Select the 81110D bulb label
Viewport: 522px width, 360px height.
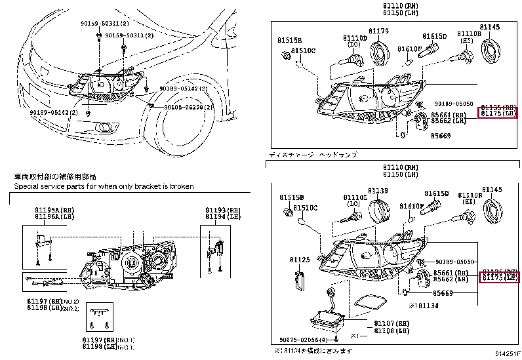354,39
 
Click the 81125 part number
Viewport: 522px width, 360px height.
300,260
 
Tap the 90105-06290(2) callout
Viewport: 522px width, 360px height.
188,107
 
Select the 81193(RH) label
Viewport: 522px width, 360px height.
223,209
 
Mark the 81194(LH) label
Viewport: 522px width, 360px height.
223,216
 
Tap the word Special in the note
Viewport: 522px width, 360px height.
27,186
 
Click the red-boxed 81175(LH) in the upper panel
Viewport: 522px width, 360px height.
499,113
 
